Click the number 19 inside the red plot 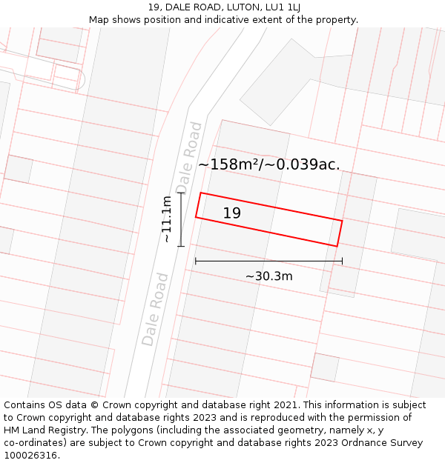231,213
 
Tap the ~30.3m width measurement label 268,276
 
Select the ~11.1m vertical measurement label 168,219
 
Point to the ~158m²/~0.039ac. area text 268,164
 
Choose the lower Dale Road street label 155,310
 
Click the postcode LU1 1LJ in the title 283,7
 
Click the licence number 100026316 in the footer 31,456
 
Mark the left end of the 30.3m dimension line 195,261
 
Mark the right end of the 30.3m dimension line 342,261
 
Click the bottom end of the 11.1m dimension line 181,246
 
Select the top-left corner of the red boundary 201,193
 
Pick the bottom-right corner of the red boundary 337,247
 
